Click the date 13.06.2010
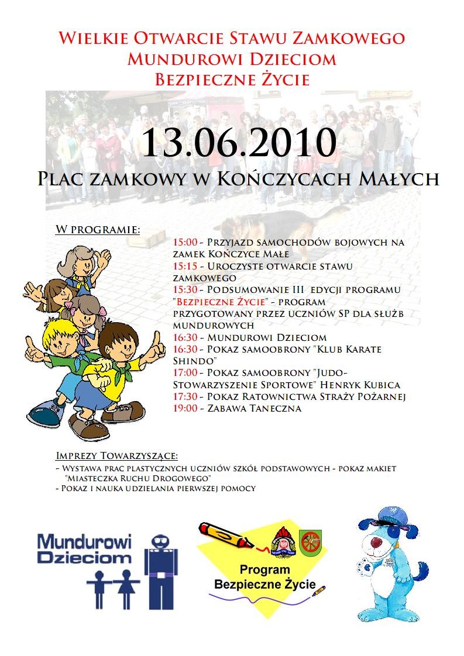click(x=239, y=142)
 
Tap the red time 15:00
click(x=185, y=242)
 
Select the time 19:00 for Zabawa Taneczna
click(x=185, y=409)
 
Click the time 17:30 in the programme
click(x=185, y=397)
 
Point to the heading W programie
click(x=98, y=229)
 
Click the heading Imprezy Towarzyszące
click(x=116, y=455)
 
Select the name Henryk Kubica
click(x=365, y=385)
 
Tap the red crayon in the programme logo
click(x=225, y=534)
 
